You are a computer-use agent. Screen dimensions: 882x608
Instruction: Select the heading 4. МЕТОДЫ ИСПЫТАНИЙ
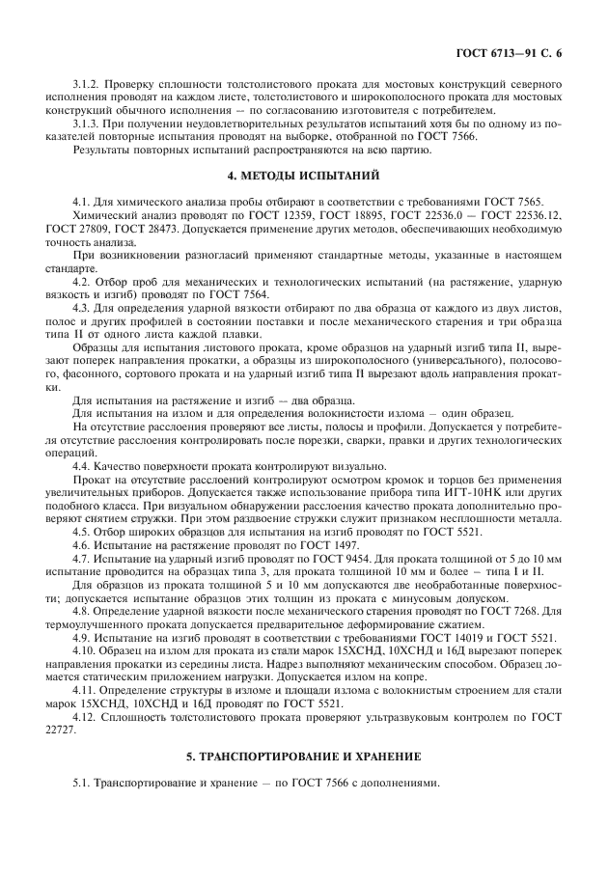(x=303, y=175)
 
